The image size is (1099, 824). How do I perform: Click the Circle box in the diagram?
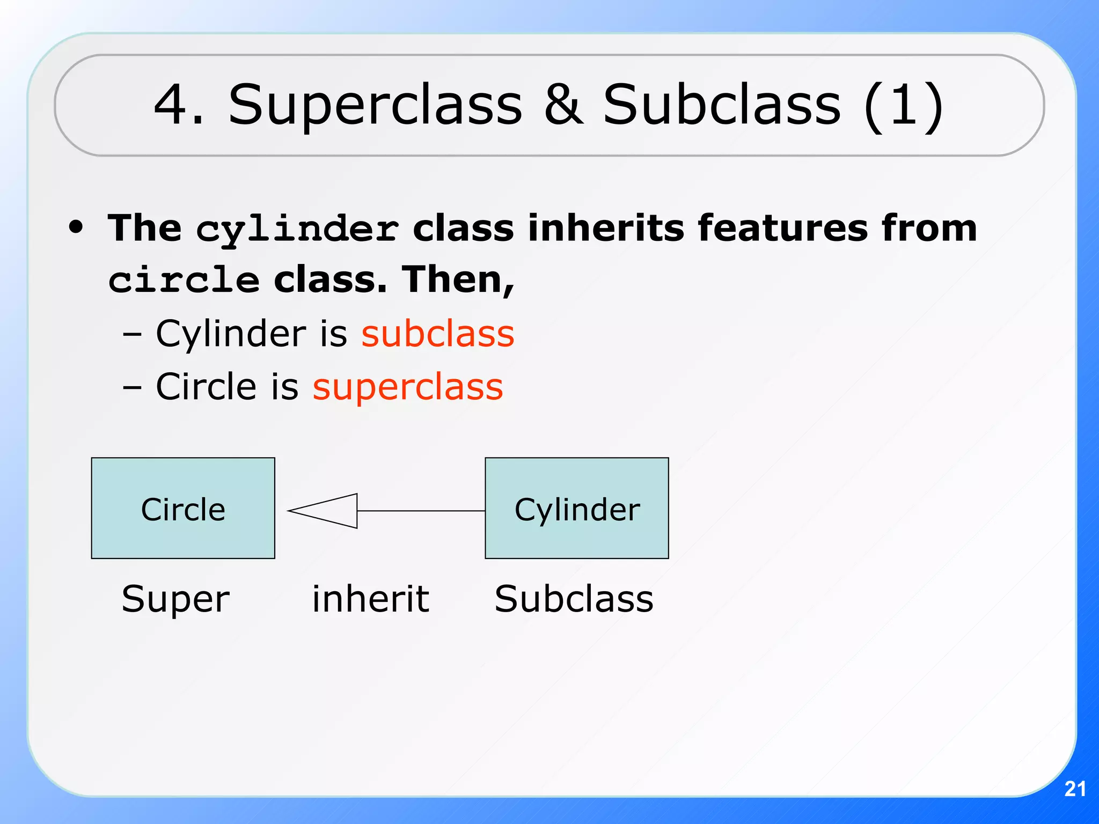(183, 508)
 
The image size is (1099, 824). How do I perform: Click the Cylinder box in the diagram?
(577, 508)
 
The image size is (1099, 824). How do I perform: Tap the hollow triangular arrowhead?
(327, 511)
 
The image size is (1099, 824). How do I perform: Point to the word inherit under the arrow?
(370, 599)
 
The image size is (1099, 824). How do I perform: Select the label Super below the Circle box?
(175, 600)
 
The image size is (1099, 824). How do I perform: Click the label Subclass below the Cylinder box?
(574, 599)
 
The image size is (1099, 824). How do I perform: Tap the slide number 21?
(1075, 789)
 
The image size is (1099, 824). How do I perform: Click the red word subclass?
(437, 334)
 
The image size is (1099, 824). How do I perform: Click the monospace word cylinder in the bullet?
(297, 230)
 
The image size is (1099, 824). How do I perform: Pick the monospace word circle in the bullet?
(184, 281)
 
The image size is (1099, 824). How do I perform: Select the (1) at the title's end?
(904, 106)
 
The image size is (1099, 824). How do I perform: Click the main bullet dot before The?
(76, 227)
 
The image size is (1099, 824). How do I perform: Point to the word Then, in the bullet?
(458, 280)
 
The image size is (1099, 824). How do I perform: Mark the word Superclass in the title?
(375, 106)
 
